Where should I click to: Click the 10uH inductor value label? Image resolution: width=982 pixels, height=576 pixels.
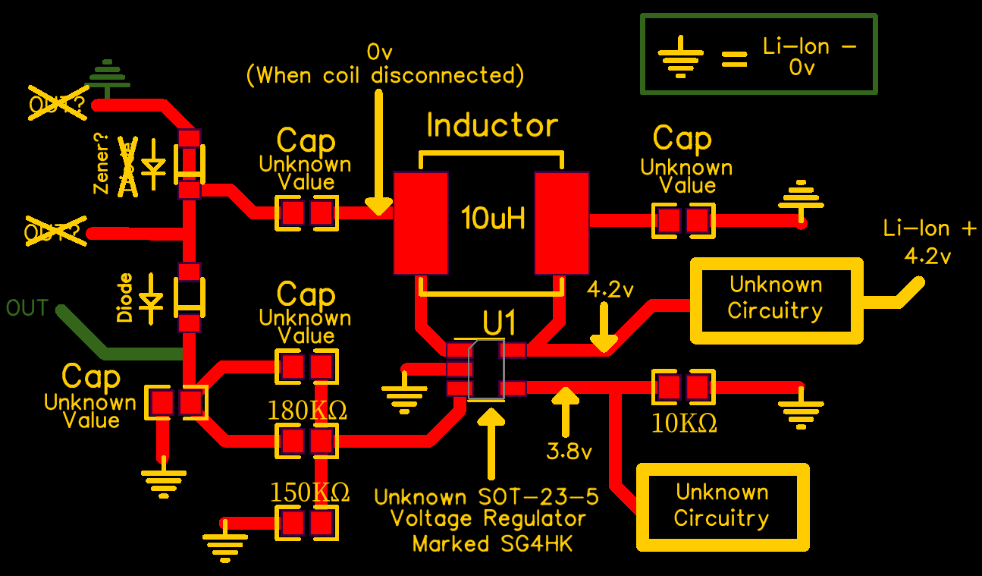tap(492, 220)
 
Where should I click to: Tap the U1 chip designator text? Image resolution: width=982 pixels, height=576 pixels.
tap(499, 323)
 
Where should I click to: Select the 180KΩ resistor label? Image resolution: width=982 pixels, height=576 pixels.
tap(307, 411)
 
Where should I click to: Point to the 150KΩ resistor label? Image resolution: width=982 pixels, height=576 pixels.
tap(309, 493)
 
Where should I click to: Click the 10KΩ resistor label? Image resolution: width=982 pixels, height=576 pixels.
tap(685, 423)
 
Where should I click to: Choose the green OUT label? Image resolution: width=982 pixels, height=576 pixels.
tap(27, 308)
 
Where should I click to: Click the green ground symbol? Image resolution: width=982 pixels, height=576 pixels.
tap(107, 74)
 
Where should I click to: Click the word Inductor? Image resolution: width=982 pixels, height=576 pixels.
tap(492, 125)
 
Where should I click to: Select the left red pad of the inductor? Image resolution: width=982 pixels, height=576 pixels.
tap(421, 223)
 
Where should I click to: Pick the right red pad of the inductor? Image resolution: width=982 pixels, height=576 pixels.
tap(562, 223)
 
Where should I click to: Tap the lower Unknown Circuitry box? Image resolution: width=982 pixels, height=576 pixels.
tap(722, 505)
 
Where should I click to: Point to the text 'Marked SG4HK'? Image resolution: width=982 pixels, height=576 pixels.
tap(492, 543)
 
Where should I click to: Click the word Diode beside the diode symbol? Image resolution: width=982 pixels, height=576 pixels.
tap(126, 297)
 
